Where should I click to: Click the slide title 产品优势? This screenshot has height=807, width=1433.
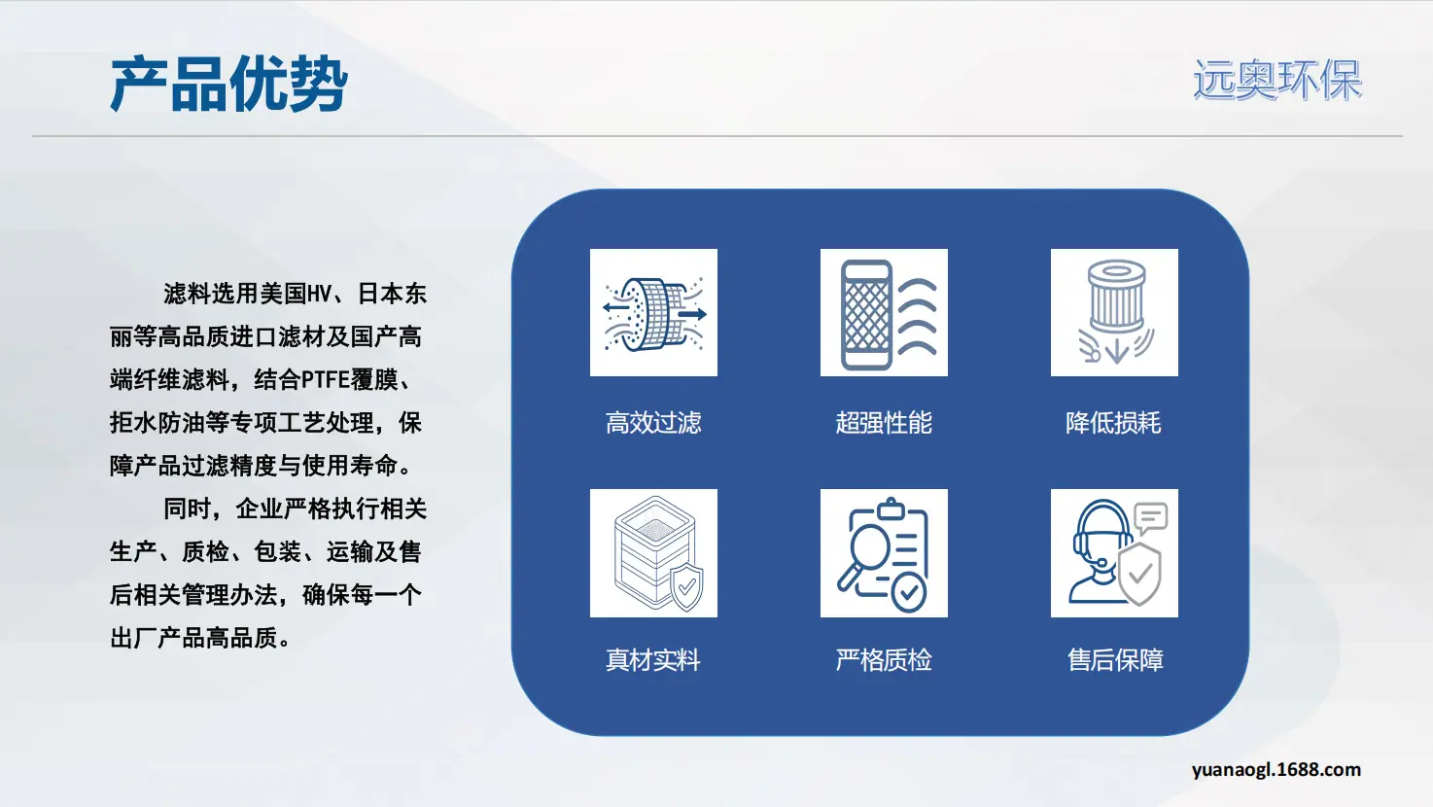(229, 84)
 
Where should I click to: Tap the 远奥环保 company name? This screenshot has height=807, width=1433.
(1277, 80)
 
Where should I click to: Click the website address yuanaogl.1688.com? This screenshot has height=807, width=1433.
(1276, 769)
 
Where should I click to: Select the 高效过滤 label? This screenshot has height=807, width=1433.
(653, 422)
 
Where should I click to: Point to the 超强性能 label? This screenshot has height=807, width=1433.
(884, 422)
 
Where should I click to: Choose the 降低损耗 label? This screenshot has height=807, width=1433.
(1113, 422)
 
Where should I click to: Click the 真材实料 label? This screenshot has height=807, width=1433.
(653, 660)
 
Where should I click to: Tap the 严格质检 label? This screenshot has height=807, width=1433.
(884, 660)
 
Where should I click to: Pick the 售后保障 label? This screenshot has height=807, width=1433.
(1115, 660)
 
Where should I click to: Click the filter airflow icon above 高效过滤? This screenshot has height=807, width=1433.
(654, 313)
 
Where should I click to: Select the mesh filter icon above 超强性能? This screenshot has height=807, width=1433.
(884, 313)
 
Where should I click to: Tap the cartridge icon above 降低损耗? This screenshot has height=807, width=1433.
(1114, 313)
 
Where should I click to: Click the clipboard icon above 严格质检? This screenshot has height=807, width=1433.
(884, 553)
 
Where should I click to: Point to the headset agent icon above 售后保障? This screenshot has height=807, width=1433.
(1114, 553)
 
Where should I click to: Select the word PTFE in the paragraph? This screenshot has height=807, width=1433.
(325, 380)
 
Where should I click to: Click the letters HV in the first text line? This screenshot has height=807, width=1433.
(320, 294)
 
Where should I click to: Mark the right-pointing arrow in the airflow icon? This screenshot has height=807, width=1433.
(692, 314)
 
